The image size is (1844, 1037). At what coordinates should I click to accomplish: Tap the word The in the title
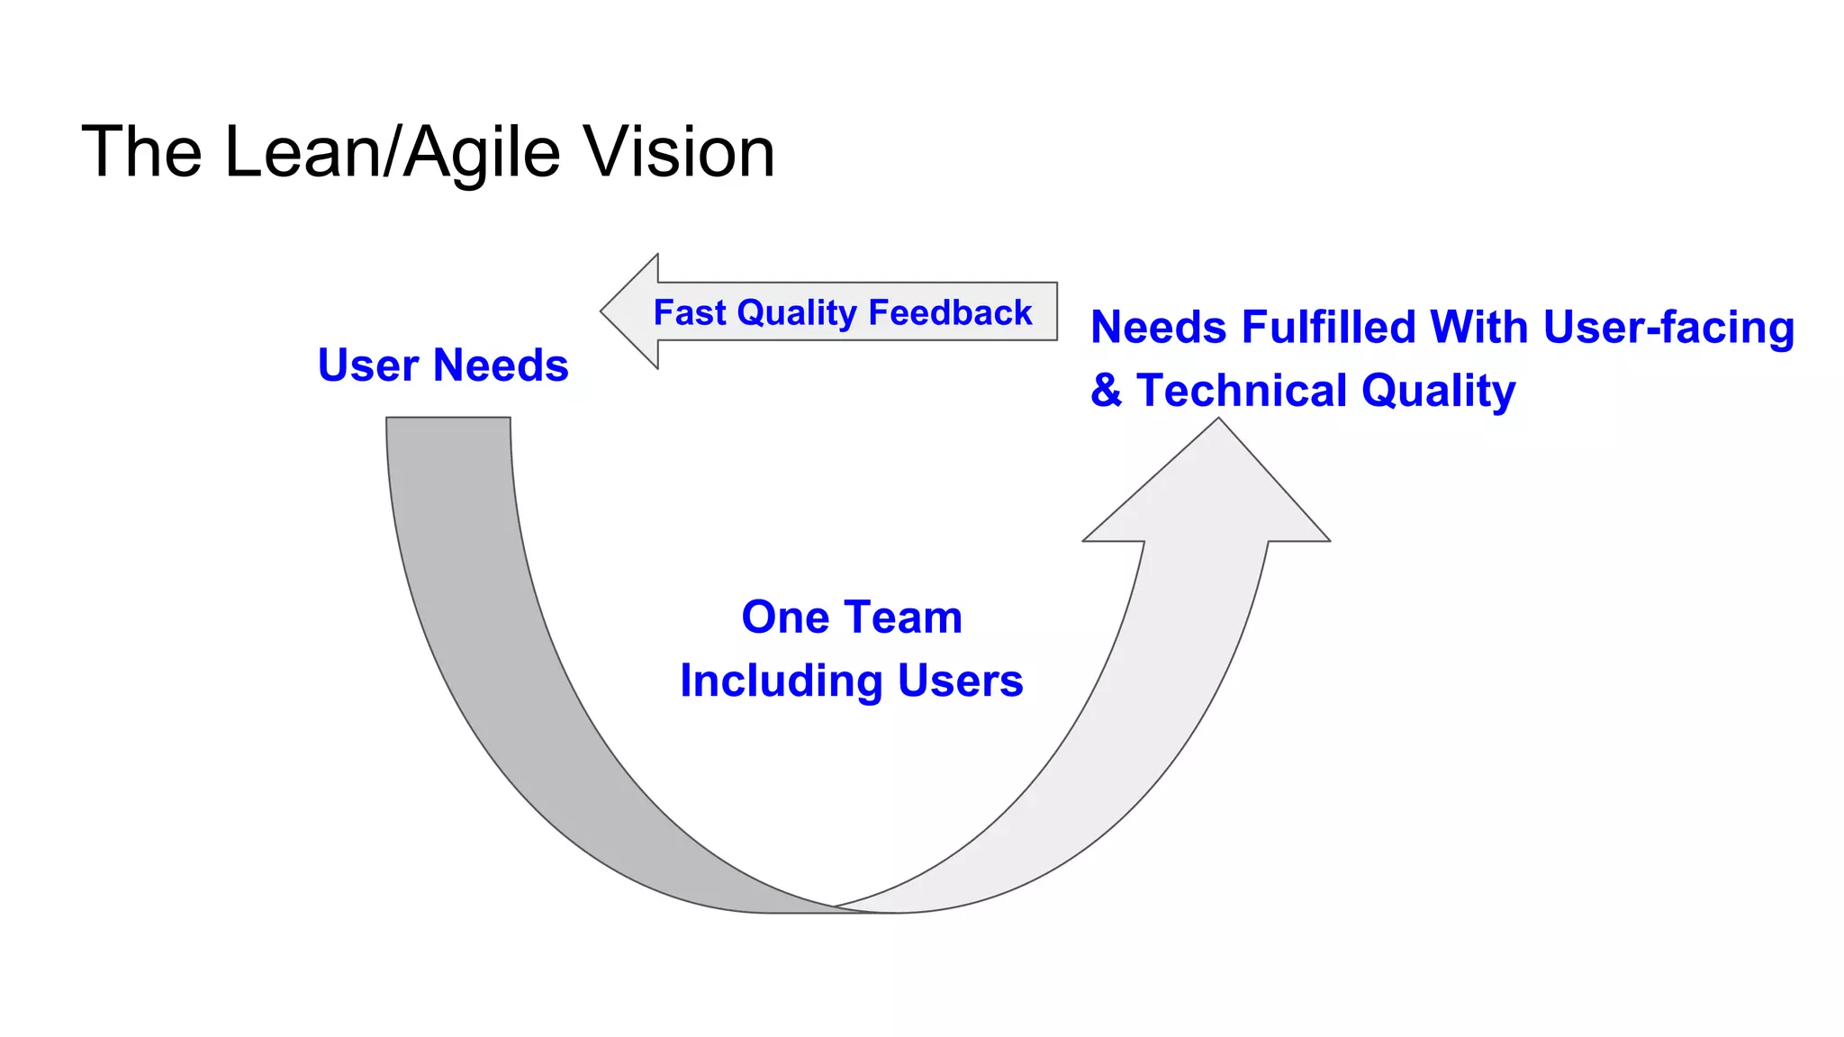[141, 152]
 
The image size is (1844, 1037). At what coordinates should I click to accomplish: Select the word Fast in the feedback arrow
[689, 312]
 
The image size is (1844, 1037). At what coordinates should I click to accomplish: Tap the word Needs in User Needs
[501, 365]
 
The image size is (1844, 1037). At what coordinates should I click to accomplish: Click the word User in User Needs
[368, 365]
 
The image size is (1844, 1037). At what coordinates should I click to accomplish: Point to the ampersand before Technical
[1106, 391]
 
